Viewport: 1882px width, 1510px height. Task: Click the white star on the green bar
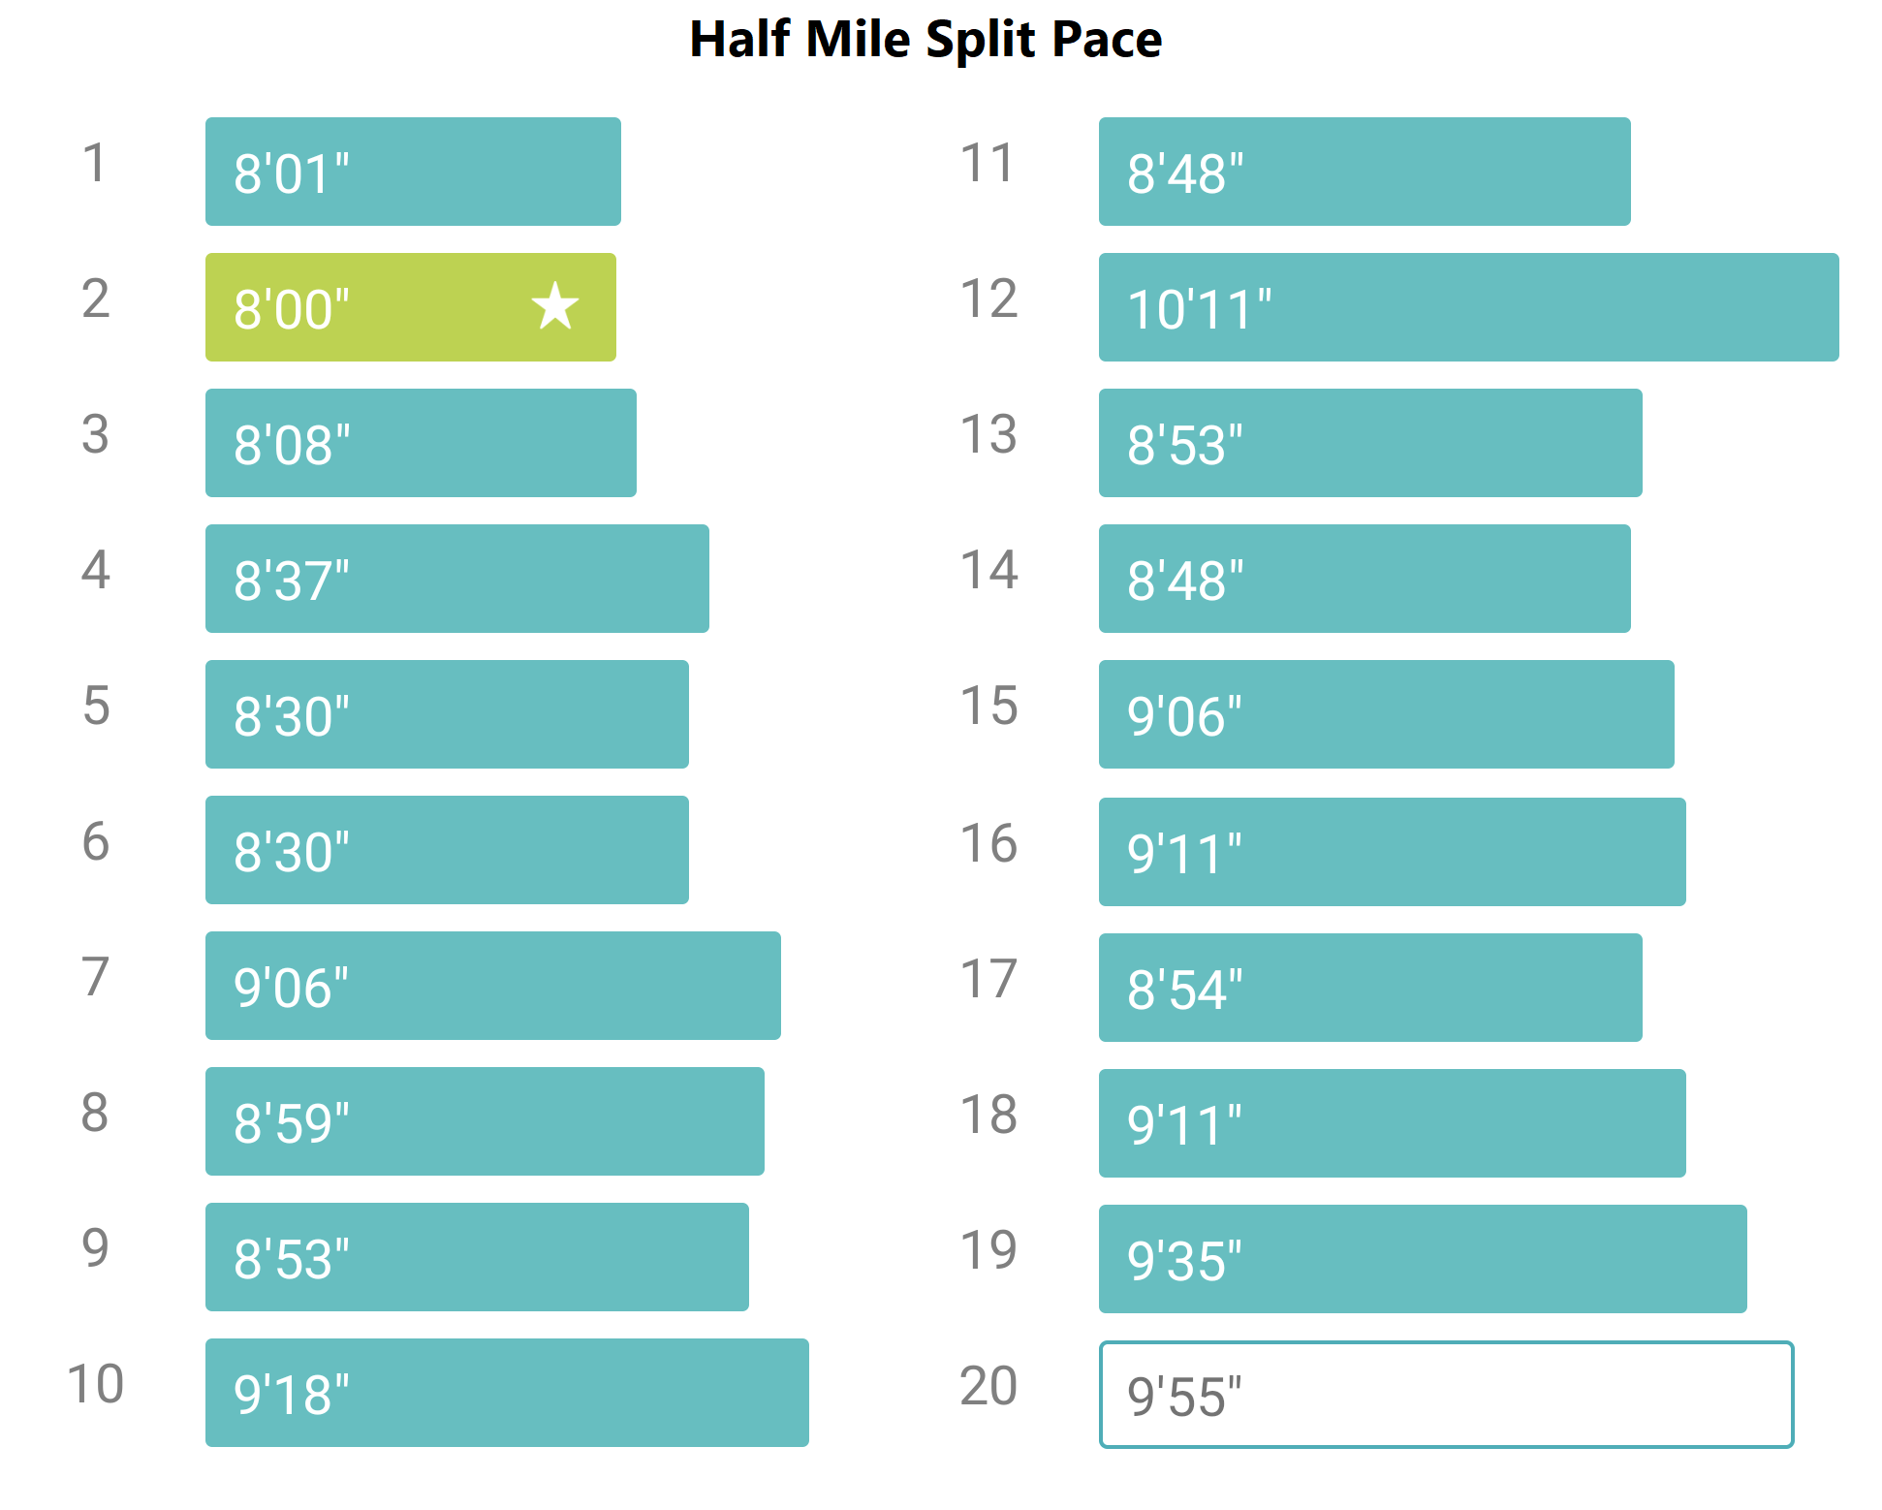pyautogui.click(x=555, y=306)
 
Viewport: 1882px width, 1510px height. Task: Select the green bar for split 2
pyautogui.click(x=410, y=307)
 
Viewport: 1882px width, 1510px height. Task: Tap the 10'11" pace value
pyautogui.click(x=1199, y=310)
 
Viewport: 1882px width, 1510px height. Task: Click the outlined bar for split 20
pyautogui.click(x=1446, y=1395)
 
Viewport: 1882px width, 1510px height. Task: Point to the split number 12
pyautogui.click(x=988, y=299)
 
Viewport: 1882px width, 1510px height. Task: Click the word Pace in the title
pyautogui.click(x=1107, y=40)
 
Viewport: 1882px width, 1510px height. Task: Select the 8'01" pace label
pyautogui.click(x=291, y=174)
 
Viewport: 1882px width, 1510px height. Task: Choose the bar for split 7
pyautogui.click(x=492, y=986)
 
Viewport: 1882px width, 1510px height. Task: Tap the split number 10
pyautogui.click(x=95, y=1384)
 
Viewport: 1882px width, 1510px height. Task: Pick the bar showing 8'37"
pyautogui.click(x=456, y=579)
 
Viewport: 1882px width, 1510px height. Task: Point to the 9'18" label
pyautogui.click(x=291, y=1396)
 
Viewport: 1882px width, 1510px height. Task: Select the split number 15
pyautogui.click(x=988, y=706)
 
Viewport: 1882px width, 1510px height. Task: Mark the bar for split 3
pyautogui.click(x=421, y=443)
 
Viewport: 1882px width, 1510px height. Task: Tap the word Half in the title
pyautogui.click(x=738, y=40)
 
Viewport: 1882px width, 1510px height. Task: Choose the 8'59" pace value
pyautogui.click(x=291, y=1124)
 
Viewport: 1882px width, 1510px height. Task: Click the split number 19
pyautogui.click(x=988, y=1250)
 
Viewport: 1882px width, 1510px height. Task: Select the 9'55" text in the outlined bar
pyautogui.click(x=1184, y=1398)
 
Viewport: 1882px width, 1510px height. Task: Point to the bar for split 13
pyautogui.click(x=1370, y=443)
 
